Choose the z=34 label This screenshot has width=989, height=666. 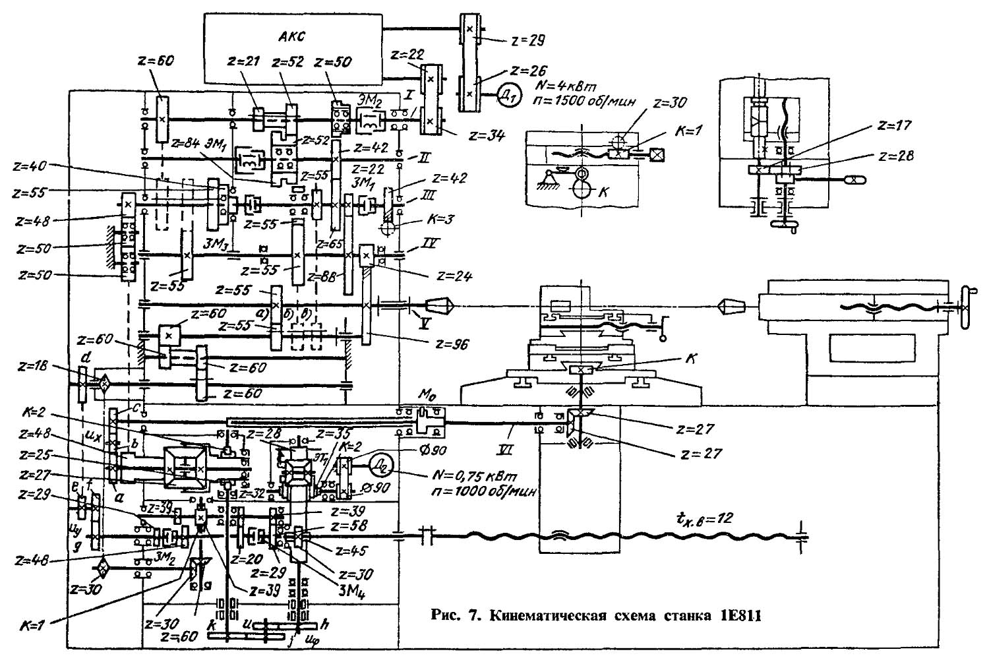click(486, 136)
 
